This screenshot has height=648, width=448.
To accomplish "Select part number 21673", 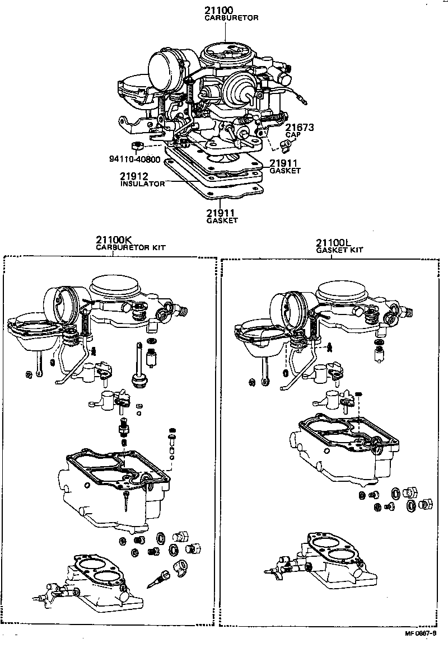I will pos(298,128).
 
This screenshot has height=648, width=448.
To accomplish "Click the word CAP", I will pos(292,135).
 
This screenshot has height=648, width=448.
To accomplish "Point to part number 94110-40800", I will pos(134,159).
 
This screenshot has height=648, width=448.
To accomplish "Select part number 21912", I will pos(133,176).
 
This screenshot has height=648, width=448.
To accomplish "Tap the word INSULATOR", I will pos(142,184).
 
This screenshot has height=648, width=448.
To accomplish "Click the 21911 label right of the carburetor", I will pos(284,163).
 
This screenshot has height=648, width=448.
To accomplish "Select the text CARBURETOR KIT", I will pos(130,247).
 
